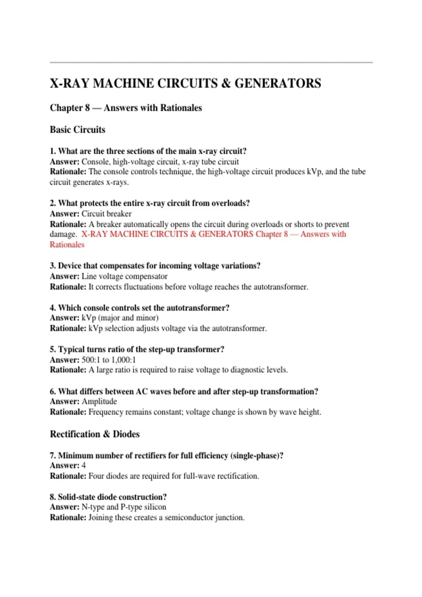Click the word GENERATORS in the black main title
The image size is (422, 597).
[278, 84]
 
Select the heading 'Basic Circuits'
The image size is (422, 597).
[77, 130]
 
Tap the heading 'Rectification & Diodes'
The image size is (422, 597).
[95, 434]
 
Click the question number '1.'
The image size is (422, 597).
[53, 151]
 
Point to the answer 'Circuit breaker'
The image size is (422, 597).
[106, 214]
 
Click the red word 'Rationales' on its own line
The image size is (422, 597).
[67, 245]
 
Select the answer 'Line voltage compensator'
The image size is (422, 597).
[124, 276]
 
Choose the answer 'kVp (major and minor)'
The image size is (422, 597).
[120, 318]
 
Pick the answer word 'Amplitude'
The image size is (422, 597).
[99, 401]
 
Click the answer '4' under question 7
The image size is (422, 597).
[84, 466]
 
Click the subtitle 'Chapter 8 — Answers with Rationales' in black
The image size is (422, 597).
[126, 108]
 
